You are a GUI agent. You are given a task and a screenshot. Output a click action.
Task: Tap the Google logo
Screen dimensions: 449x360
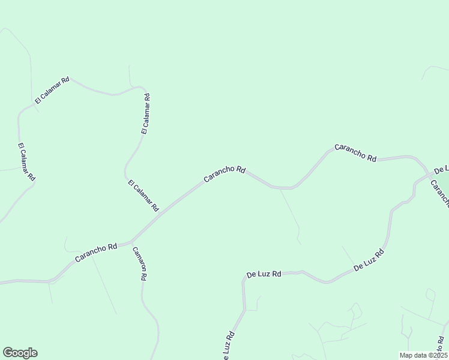(x=20, y=353)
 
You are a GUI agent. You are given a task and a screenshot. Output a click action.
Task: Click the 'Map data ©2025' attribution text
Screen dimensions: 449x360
(x=423, y=355)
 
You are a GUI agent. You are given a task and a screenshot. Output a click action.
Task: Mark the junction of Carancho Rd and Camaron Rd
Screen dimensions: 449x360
(x=131, y=243)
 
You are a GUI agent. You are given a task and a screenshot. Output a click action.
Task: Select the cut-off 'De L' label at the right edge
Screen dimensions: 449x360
(x=441, y=169)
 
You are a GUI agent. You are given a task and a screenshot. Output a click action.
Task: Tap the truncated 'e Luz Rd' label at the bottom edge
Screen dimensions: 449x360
(x=228, y=346)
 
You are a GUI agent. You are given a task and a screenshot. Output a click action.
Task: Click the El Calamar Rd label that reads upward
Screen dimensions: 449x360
(x=145, y=113)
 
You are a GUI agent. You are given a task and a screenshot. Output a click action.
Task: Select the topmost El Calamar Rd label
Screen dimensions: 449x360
(x=52, y=91)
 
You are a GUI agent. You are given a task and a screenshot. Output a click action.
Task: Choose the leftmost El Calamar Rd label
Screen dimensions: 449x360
(x=27, y=162)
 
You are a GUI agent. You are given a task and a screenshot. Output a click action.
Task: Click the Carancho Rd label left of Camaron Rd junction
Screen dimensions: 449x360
(x=96, y=253)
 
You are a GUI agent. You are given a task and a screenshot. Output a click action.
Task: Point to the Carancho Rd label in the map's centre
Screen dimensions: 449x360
(x=224, y=174)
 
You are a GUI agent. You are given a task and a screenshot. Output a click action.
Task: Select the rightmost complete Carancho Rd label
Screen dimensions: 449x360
(x=355, y=153)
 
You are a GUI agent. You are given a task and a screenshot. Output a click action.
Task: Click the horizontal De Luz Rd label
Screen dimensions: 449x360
(x=264, y=275)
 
